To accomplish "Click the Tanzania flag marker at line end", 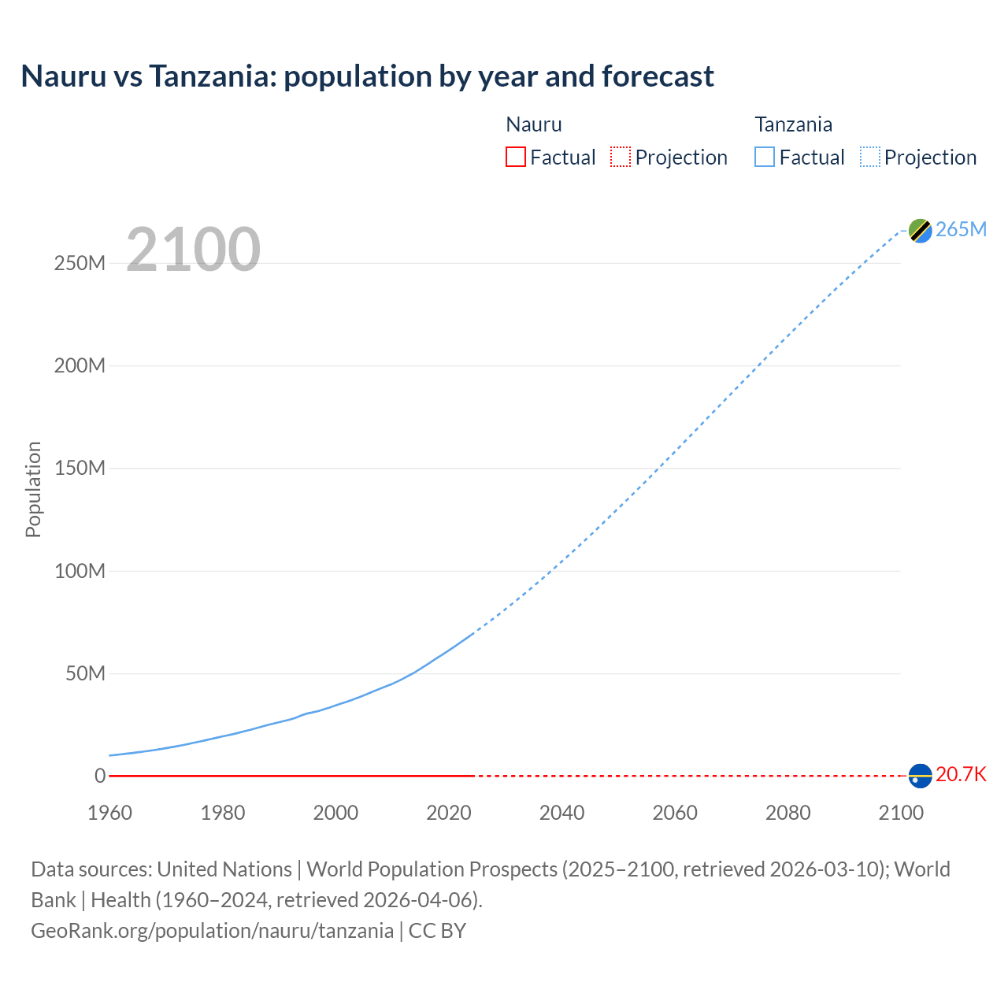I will (920, 230).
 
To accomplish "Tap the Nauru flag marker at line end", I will (920, 776).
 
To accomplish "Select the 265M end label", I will (961, 229).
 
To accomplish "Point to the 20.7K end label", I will (961, 775).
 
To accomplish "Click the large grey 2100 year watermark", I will (193, 250).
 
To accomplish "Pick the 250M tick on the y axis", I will (80, 263).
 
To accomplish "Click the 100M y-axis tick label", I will (80, 571).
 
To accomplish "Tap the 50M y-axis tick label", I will (85, 673).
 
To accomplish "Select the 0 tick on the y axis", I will (100, 776).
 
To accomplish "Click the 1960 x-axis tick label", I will (109, 813).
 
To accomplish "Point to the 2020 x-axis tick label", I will (449, 813).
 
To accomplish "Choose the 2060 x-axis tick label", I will (675, 813).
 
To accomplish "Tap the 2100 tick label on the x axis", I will (901, 813).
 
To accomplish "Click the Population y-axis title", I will (33, 489).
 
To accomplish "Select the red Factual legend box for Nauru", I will (516, 157).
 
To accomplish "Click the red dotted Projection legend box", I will (621, 157).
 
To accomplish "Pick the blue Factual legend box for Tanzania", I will (765, 157).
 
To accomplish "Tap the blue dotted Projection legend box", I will (870, 157).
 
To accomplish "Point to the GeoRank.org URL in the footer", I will (212, 931).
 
